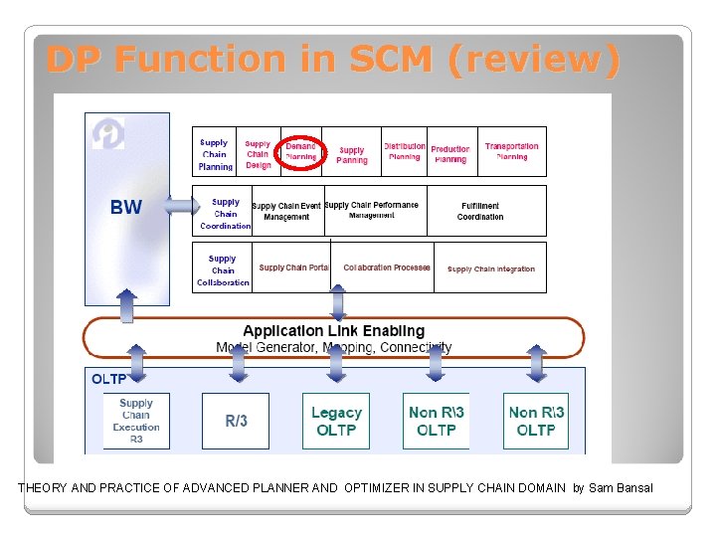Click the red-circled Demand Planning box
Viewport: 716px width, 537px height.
tap(300, 151)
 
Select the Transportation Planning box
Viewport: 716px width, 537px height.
tap(512, 151)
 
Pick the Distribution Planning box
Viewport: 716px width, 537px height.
tap(404, 151)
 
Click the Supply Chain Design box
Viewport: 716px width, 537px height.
tap(258, 154)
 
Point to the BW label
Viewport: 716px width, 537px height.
tap(126, 208)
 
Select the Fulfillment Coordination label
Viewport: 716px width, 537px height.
tap(480, 211)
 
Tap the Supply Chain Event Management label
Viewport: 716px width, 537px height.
tap(286, 211)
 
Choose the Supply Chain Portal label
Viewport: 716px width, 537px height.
tap(293, 268)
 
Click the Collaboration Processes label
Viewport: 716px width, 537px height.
tap(387, 268)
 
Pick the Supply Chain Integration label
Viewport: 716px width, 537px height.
tap(491, 268)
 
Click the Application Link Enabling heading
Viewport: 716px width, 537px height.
tap(333, 331)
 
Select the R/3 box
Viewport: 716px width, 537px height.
tap(236, 421)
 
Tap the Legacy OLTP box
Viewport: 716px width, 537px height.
tap(336, 421)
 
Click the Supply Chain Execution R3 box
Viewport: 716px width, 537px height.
tap(136, 421)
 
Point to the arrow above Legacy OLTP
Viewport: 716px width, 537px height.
tap(336, 364)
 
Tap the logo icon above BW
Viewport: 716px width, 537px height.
tap(108, 134)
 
